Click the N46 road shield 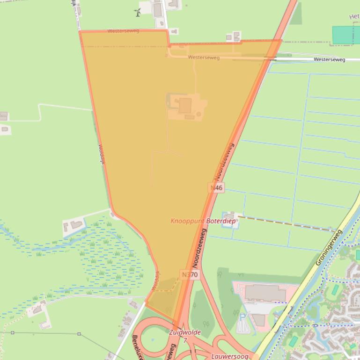(x=217, y=187)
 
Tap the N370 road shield (x=190, y=274)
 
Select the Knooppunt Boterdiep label (x=203, y=220)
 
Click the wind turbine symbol (x=138, y=12)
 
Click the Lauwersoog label (x=229, y=356)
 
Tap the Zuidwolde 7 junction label (x=185, y=336)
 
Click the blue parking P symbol (x=242, y=317)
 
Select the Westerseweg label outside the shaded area (x=329, y=59)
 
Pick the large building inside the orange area (x=185, y=106)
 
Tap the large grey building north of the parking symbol (x=265, y=293)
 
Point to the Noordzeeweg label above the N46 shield (x=224, y=161)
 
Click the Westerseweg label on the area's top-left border (x=123, y=31)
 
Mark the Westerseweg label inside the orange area (x=204, y=58)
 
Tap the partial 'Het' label (x=354, y=17)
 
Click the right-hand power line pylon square (x=79, y=334)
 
